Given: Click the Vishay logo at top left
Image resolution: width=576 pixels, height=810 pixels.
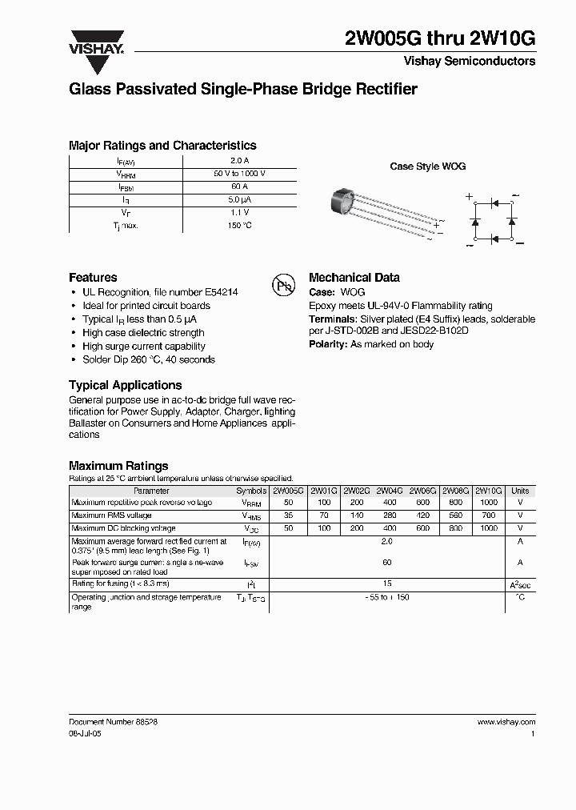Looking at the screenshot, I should point(95,42).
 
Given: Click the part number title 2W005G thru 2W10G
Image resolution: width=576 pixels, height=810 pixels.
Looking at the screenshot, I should point(439,40).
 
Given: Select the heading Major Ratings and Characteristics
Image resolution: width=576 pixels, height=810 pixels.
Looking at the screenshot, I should point(162,146).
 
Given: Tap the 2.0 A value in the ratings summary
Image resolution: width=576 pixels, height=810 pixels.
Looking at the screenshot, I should point(239,161).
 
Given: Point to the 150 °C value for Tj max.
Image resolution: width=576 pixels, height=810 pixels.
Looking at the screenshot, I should point(239,225).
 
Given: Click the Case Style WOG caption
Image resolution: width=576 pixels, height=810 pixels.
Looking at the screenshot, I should point(427,166).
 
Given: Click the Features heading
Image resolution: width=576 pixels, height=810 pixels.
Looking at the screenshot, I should point(93,278).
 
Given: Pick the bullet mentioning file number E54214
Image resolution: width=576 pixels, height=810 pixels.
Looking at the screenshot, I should point(160,292).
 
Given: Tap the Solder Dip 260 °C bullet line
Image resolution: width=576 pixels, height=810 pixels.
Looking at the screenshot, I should point(149,360).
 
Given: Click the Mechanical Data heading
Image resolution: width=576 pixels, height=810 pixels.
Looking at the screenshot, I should point(354,278).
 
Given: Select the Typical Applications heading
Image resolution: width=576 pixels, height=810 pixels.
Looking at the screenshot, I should point(126,385).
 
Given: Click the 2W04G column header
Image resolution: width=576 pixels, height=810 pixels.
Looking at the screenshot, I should point(389,491).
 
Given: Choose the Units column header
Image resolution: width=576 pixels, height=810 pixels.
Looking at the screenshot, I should point(520,491).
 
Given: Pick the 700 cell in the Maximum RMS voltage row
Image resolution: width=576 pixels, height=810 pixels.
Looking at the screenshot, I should point(488,516).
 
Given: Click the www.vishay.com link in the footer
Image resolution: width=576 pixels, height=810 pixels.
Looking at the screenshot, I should point(506,722).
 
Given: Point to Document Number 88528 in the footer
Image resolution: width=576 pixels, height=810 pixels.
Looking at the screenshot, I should point(113,722).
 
